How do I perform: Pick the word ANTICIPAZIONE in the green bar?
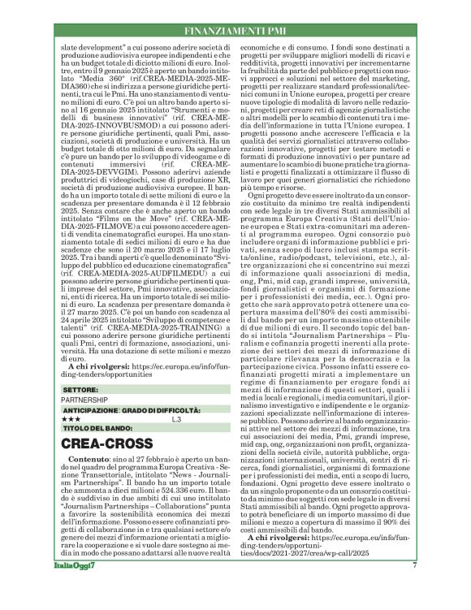(x=89, y=410)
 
